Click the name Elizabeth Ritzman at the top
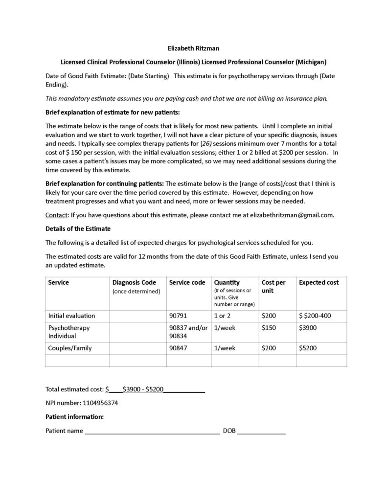(x=193, y=49)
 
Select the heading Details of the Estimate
(x=78, y=228)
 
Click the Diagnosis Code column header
(x=134, y=282)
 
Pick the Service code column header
(x=187, y=282)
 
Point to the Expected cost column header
(x=319, y=282)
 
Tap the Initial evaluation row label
(x=71, y=316)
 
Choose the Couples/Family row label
(x=69, y=348)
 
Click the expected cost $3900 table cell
(x=307, y=327)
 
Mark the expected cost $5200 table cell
(x=307, y=348)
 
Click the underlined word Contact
(x=57, y=214)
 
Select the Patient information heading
(x=74, y=417)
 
